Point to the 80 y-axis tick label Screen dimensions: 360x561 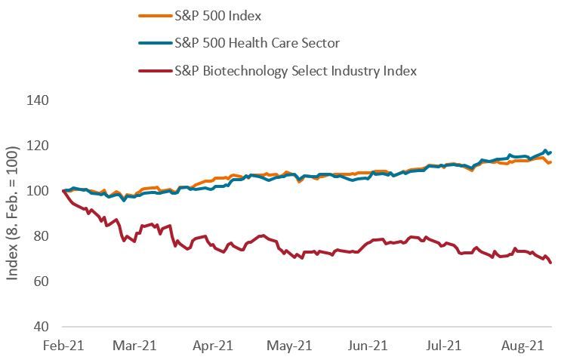click(41, 236)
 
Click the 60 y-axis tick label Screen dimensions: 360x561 click(41, 282)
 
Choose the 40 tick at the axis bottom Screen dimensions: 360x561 click(41, 327)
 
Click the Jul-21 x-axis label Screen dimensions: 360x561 click(446, 346)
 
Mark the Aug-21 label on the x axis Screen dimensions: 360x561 click(523, 346)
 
